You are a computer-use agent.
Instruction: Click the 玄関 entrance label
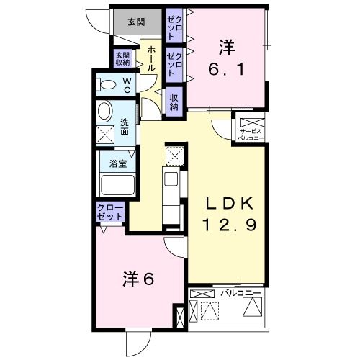[136, 22]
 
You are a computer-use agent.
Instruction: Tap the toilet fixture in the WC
[106, 84]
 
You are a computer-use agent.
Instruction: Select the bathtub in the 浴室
[117, 184]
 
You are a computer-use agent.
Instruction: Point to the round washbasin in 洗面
[105, 111]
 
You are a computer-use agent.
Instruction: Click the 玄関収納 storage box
[123, 59]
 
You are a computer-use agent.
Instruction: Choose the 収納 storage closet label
[174, 102]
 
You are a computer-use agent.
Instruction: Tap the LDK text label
[229, 204]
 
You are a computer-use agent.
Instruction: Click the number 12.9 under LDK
[230, 225]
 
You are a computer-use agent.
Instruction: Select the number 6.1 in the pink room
[226, 70]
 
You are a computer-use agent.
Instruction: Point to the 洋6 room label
[138, 279]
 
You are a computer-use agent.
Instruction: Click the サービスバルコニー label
[251, 135]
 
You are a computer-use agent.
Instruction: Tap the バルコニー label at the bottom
[240, 293]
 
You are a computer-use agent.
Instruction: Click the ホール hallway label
[150, 59]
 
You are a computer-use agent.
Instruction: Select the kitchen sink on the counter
[171, 179]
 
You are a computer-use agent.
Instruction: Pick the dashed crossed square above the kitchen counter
[175, 156]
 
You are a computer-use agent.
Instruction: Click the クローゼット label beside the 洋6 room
[110, 212]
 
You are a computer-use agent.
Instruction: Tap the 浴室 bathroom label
[118, 164]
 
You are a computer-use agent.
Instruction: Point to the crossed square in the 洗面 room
[105, 135]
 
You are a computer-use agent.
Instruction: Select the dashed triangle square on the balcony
[210, 311]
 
